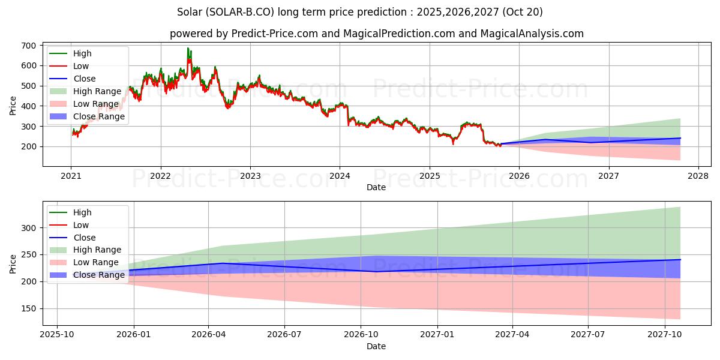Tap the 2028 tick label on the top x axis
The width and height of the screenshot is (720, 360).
pos(698,176)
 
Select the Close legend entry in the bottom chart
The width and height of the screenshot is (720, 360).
pos(84,238)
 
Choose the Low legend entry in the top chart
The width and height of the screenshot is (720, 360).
pos(81,66)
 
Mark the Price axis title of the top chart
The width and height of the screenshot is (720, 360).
pos(13,105)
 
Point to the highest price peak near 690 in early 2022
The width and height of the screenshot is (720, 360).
pos(188,49)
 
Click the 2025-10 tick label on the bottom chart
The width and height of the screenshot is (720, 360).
pos(57,335)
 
